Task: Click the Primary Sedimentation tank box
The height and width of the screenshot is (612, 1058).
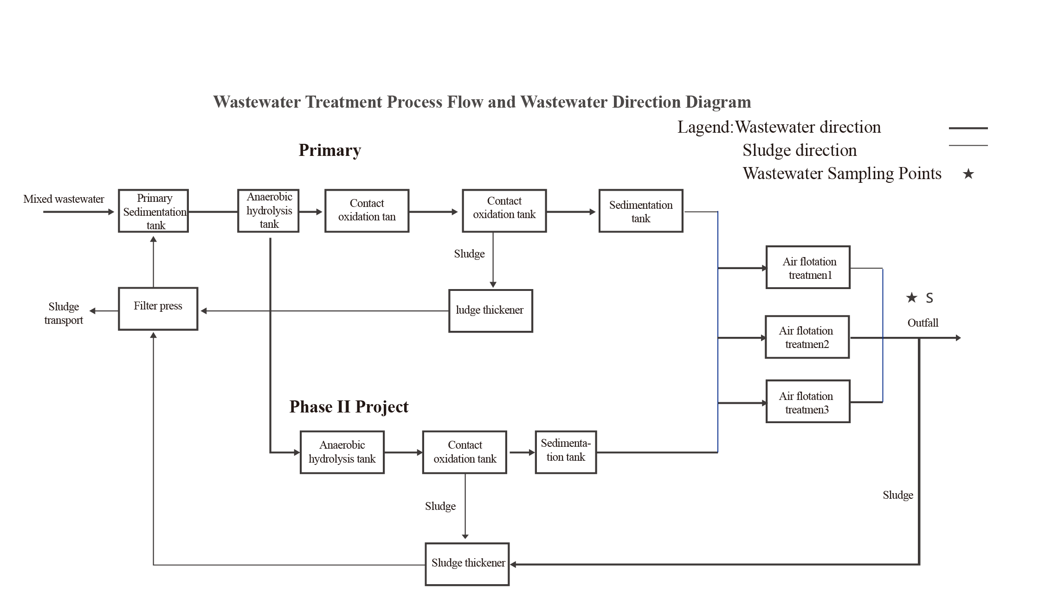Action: [x=153, y=211]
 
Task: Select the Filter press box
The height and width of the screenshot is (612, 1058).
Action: [x=158, y=309]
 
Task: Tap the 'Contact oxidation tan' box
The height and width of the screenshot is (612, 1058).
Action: [x=367, y=211]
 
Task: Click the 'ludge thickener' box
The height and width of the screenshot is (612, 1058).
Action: [x=490, y=311]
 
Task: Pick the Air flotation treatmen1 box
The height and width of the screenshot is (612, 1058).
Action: [x=808, y=267]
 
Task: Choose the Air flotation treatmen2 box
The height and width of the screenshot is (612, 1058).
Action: [x=807, y=337]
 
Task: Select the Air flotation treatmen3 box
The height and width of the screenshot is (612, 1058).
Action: [x=808, y=401]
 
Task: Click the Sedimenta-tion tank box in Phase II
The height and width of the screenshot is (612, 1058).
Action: [x=566, y=452]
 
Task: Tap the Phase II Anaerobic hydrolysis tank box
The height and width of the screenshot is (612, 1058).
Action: [x=342, y=452]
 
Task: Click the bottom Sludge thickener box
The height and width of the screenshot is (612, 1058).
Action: [x=467, y=564]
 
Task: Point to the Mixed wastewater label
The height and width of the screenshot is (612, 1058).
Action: [x=64, y=199]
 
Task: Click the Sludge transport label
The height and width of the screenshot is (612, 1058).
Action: [x=64, y=313]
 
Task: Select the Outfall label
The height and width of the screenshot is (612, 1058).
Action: [x=923, y=323]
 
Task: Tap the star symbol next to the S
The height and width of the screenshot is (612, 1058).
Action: [x=911, y=297]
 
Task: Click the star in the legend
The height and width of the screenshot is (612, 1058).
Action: [x=968, y=174]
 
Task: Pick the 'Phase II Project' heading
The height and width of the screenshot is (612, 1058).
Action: [x=348, y=407]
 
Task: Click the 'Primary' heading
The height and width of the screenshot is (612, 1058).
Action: [x=329, y=150]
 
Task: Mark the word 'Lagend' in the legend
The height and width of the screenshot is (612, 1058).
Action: [x=703, y=127]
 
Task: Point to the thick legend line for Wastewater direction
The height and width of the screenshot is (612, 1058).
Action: [x=968, y=128]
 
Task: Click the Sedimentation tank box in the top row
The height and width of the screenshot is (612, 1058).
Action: [x=640, y=211]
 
